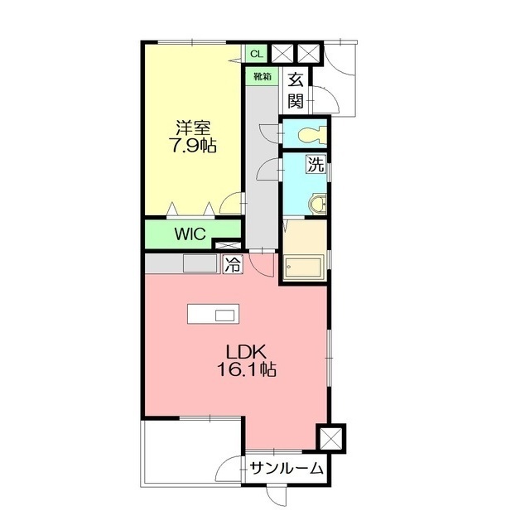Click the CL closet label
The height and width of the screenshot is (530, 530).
click(x=257, y=54)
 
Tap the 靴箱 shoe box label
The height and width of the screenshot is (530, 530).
click(x=263, y=77)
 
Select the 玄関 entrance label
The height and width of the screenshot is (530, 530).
click(x=296, y=90)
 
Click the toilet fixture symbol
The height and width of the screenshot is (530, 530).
click(x=312, y=134)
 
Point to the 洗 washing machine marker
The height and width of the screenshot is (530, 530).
click(x=316, y=165)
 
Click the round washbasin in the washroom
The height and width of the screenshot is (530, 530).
click(x=318, y=204)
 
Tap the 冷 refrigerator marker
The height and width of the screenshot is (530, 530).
click(x=234, y=265)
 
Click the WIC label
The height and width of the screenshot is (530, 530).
click(x=190, y=234)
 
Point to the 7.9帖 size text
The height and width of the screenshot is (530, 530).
click(x=194, y=146)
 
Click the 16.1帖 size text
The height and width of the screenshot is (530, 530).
click(x=247, y=369)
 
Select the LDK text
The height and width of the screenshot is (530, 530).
click(x=246, y=352)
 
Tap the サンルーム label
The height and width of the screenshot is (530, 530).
click(x=287, y=469)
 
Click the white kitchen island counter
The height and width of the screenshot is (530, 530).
click(x=214, y=314)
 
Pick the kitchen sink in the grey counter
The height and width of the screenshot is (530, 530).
click(x=200, y=263)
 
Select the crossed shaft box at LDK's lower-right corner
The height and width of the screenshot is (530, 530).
click(x=331, y=438)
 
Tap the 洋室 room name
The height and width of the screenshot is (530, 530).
click(x=193, y=128)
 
